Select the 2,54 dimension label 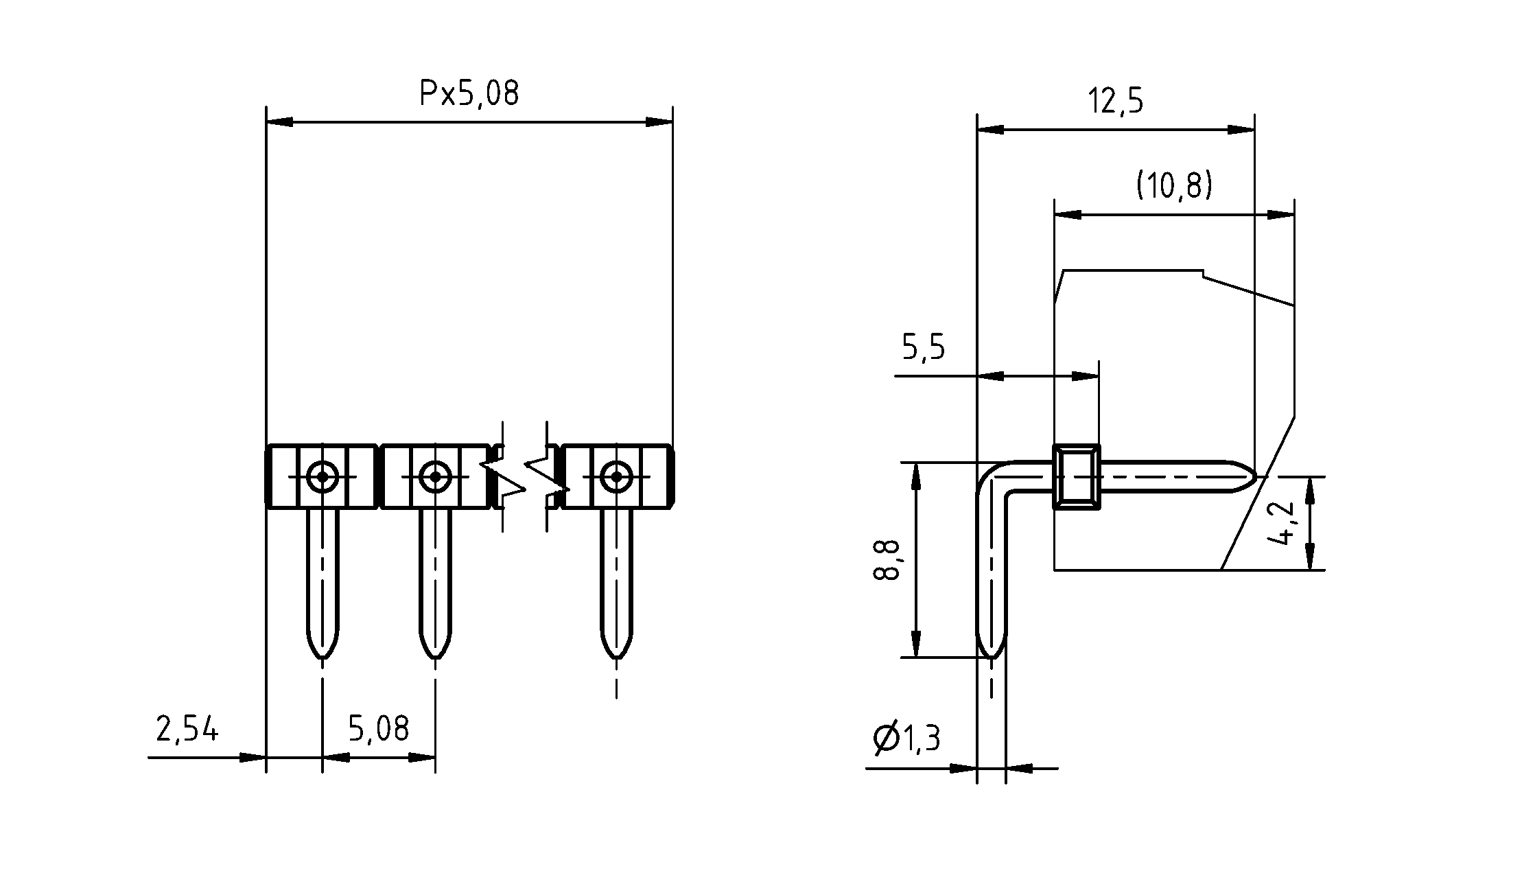click(187, 730)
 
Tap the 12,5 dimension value click(1116, 102)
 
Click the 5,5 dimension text click(923, 348)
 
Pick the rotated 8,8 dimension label click(886, 560)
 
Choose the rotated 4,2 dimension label click(1280, 524)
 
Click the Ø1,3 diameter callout click(906, 739)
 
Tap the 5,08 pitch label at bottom click(378, 730)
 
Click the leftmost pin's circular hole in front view click(322, 476)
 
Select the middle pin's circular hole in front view click(435, 476)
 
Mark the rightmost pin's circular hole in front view click(616, 476)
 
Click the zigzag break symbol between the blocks click(525, 477)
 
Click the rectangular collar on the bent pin click(1076, 476)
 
